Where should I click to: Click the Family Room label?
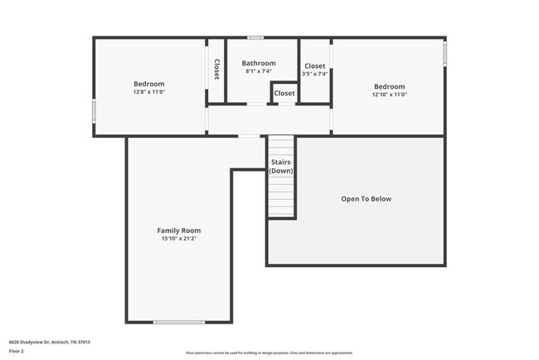coord(179,231)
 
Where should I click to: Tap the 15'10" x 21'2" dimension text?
coord(179,239)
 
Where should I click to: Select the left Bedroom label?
coord(149,84)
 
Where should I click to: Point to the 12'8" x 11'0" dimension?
coord(149,93)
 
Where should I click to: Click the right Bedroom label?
coord(389,86)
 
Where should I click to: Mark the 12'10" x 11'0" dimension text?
coord(389,95)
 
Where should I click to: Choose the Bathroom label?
coord(259,63)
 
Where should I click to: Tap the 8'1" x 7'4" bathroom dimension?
coord(259,71)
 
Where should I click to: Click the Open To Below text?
coord(366,199)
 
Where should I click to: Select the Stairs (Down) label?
coord(281,166)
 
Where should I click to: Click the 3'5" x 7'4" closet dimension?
coord(315,74)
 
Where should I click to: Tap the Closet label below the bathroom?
coord(284,94)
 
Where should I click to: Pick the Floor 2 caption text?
coord(17,352)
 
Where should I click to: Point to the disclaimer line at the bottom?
coord(269,352)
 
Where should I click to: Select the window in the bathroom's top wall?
coord(255,37)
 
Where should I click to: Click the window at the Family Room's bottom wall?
coord(178,322)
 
